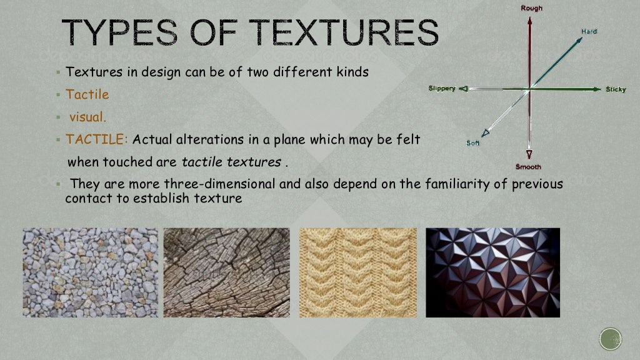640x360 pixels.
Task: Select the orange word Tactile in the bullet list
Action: click(x=87, y=95)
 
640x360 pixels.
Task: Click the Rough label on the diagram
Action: click(x=531, y=8)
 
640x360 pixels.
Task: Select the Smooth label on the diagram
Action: click(x=528, y=167)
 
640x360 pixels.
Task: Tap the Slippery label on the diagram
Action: click(x=442, y=89)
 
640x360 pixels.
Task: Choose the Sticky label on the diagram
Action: click(x=615, y=89)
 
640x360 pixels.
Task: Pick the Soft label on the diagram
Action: click(x=473, y=143)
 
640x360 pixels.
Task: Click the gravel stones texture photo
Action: click(x=91, y=272)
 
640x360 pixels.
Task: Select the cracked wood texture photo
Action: click(x=227, y=272)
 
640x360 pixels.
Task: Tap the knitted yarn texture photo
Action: click(x=357, y=272)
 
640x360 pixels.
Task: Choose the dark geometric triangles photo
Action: click(x=492, y=272)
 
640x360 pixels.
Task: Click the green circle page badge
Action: click(x=611, y=339)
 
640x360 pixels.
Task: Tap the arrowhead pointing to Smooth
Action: click(x=529, y=154)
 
